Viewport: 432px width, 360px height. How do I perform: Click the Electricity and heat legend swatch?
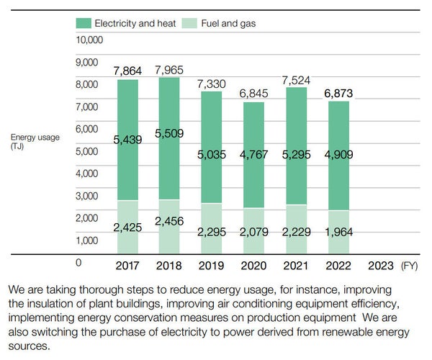coord(83,23)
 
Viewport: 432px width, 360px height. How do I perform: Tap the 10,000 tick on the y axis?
coord(89,39)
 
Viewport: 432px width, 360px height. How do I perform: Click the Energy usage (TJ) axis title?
coord(35,142)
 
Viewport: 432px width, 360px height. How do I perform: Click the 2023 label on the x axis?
coord(380,265)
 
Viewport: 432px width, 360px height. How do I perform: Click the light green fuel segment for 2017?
coord(128,216)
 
